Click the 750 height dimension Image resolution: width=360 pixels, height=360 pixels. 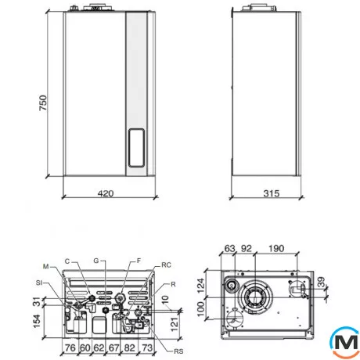43,103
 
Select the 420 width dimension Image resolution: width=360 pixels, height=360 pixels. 106,193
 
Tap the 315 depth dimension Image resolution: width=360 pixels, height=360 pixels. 272,193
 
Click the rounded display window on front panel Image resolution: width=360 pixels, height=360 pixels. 136,148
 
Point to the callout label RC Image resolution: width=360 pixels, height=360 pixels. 166,265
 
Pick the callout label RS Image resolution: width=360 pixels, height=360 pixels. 178,351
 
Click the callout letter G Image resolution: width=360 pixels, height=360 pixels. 96,261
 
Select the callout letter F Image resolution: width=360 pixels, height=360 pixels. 139,261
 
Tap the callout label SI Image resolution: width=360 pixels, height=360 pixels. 39,283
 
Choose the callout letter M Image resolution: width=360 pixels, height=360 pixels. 46,267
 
